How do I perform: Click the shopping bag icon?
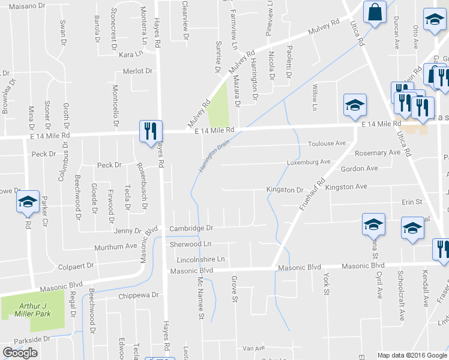click(375, 12)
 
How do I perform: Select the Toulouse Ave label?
click(327, 144)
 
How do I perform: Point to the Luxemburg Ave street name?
click(309, 162)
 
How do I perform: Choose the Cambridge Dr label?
click(191, 229)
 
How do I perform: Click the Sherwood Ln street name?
click(190, 244)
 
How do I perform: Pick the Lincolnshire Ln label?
click(200, 260)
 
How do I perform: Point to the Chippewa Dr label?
click(138, 295)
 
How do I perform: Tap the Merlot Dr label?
click(137, 71)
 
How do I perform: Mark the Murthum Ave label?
click(116, 247)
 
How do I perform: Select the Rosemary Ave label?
click(378, 153)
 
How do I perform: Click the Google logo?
click(20, 353)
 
